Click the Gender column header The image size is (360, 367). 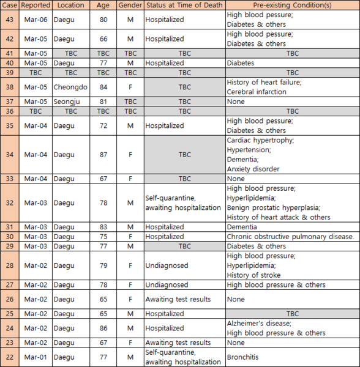[x=130, y=5]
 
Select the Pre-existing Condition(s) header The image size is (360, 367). [x=293, y=5]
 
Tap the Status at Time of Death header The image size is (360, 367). [x=184, y=5]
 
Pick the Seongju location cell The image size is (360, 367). [x=67, y=102]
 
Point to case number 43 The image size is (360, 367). [x=9, y=20]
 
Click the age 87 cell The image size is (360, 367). [x=103, y=155]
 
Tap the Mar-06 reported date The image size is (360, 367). [x=35, y=20]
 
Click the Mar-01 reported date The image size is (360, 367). [x=35, y=357]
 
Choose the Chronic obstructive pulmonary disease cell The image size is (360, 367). [x=290, y=236]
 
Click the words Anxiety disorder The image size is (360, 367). [x=253, y=169]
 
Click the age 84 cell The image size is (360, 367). [x=103, y=87]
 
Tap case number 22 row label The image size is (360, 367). [x=9, y=357]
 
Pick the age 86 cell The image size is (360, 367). [x=103, y=328]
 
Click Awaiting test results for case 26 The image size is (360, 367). [x=178, y=299]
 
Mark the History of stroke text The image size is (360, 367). [x=252, y=275]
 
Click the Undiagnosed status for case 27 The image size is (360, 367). [x=167, y=284]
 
